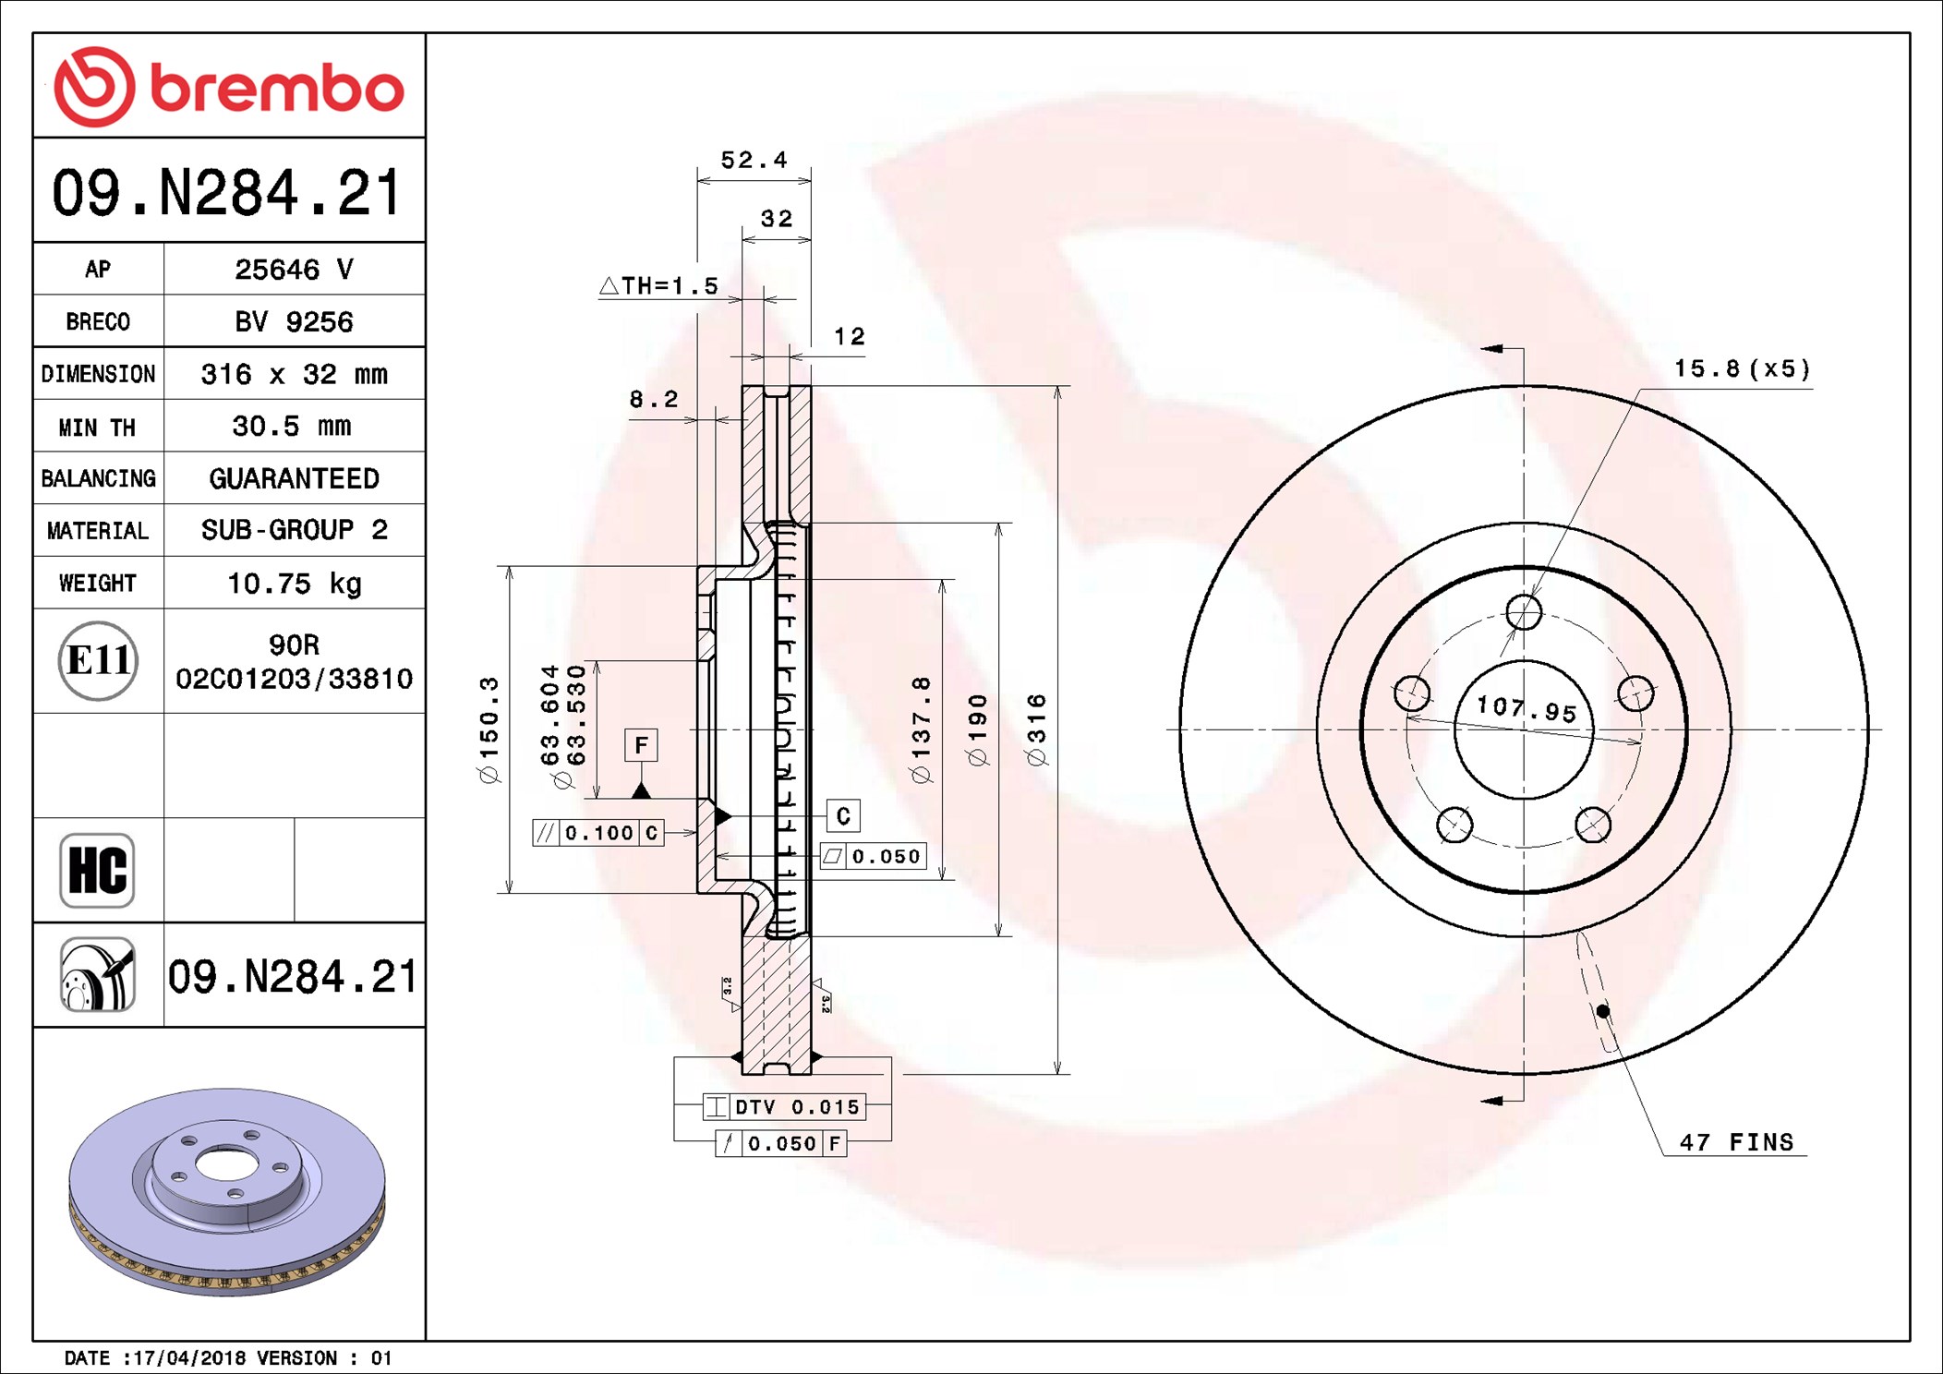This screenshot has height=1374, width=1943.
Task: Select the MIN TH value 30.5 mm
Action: [291, 427]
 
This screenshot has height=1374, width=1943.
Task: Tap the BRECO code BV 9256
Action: [294, 322]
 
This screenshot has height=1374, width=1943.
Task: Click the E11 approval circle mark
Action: [98, 660]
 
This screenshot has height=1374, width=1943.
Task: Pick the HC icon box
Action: [97, 870]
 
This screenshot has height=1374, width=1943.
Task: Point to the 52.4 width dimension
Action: [754, 161]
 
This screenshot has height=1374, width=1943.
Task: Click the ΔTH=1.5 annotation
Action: [658, 286]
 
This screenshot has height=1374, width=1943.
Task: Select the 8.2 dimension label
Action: [654, 400]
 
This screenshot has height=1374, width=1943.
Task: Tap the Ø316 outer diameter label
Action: [1036, 729]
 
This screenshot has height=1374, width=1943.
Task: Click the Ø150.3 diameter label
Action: [489, 729]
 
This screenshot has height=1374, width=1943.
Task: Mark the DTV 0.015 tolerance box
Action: [784, 1106]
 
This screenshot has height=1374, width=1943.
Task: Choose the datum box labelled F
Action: [641, 745]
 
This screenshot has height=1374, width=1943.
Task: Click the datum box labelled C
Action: [842, 816]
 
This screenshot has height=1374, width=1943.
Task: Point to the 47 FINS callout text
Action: [1735, 1142]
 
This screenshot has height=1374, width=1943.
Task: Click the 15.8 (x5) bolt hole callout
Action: [1742, 369]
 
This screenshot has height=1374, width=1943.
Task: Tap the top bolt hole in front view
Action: [1524, 611]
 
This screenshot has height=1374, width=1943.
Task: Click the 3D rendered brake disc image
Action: [227, 1191]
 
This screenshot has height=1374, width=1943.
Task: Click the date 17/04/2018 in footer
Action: [188, 1358]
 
